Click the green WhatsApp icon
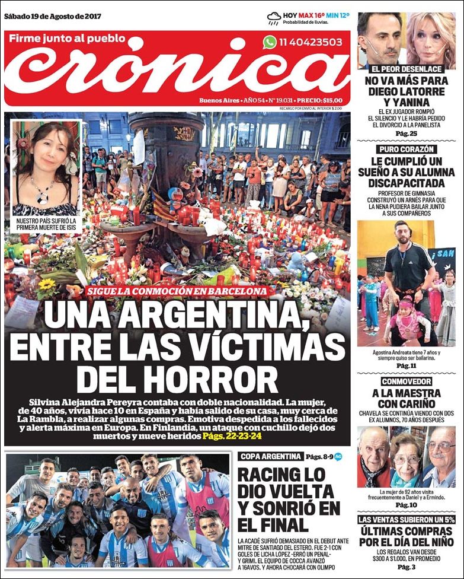270,42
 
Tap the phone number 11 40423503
311,42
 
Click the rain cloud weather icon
274,18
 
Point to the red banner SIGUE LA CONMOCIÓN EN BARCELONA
176,291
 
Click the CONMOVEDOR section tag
406,381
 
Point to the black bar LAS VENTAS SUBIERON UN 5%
406,520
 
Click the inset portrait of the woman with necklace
46,168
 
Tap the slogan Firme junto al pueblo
68,39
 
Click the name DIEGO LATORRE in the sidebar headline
406,92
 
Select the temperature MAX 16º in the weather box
313,15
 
